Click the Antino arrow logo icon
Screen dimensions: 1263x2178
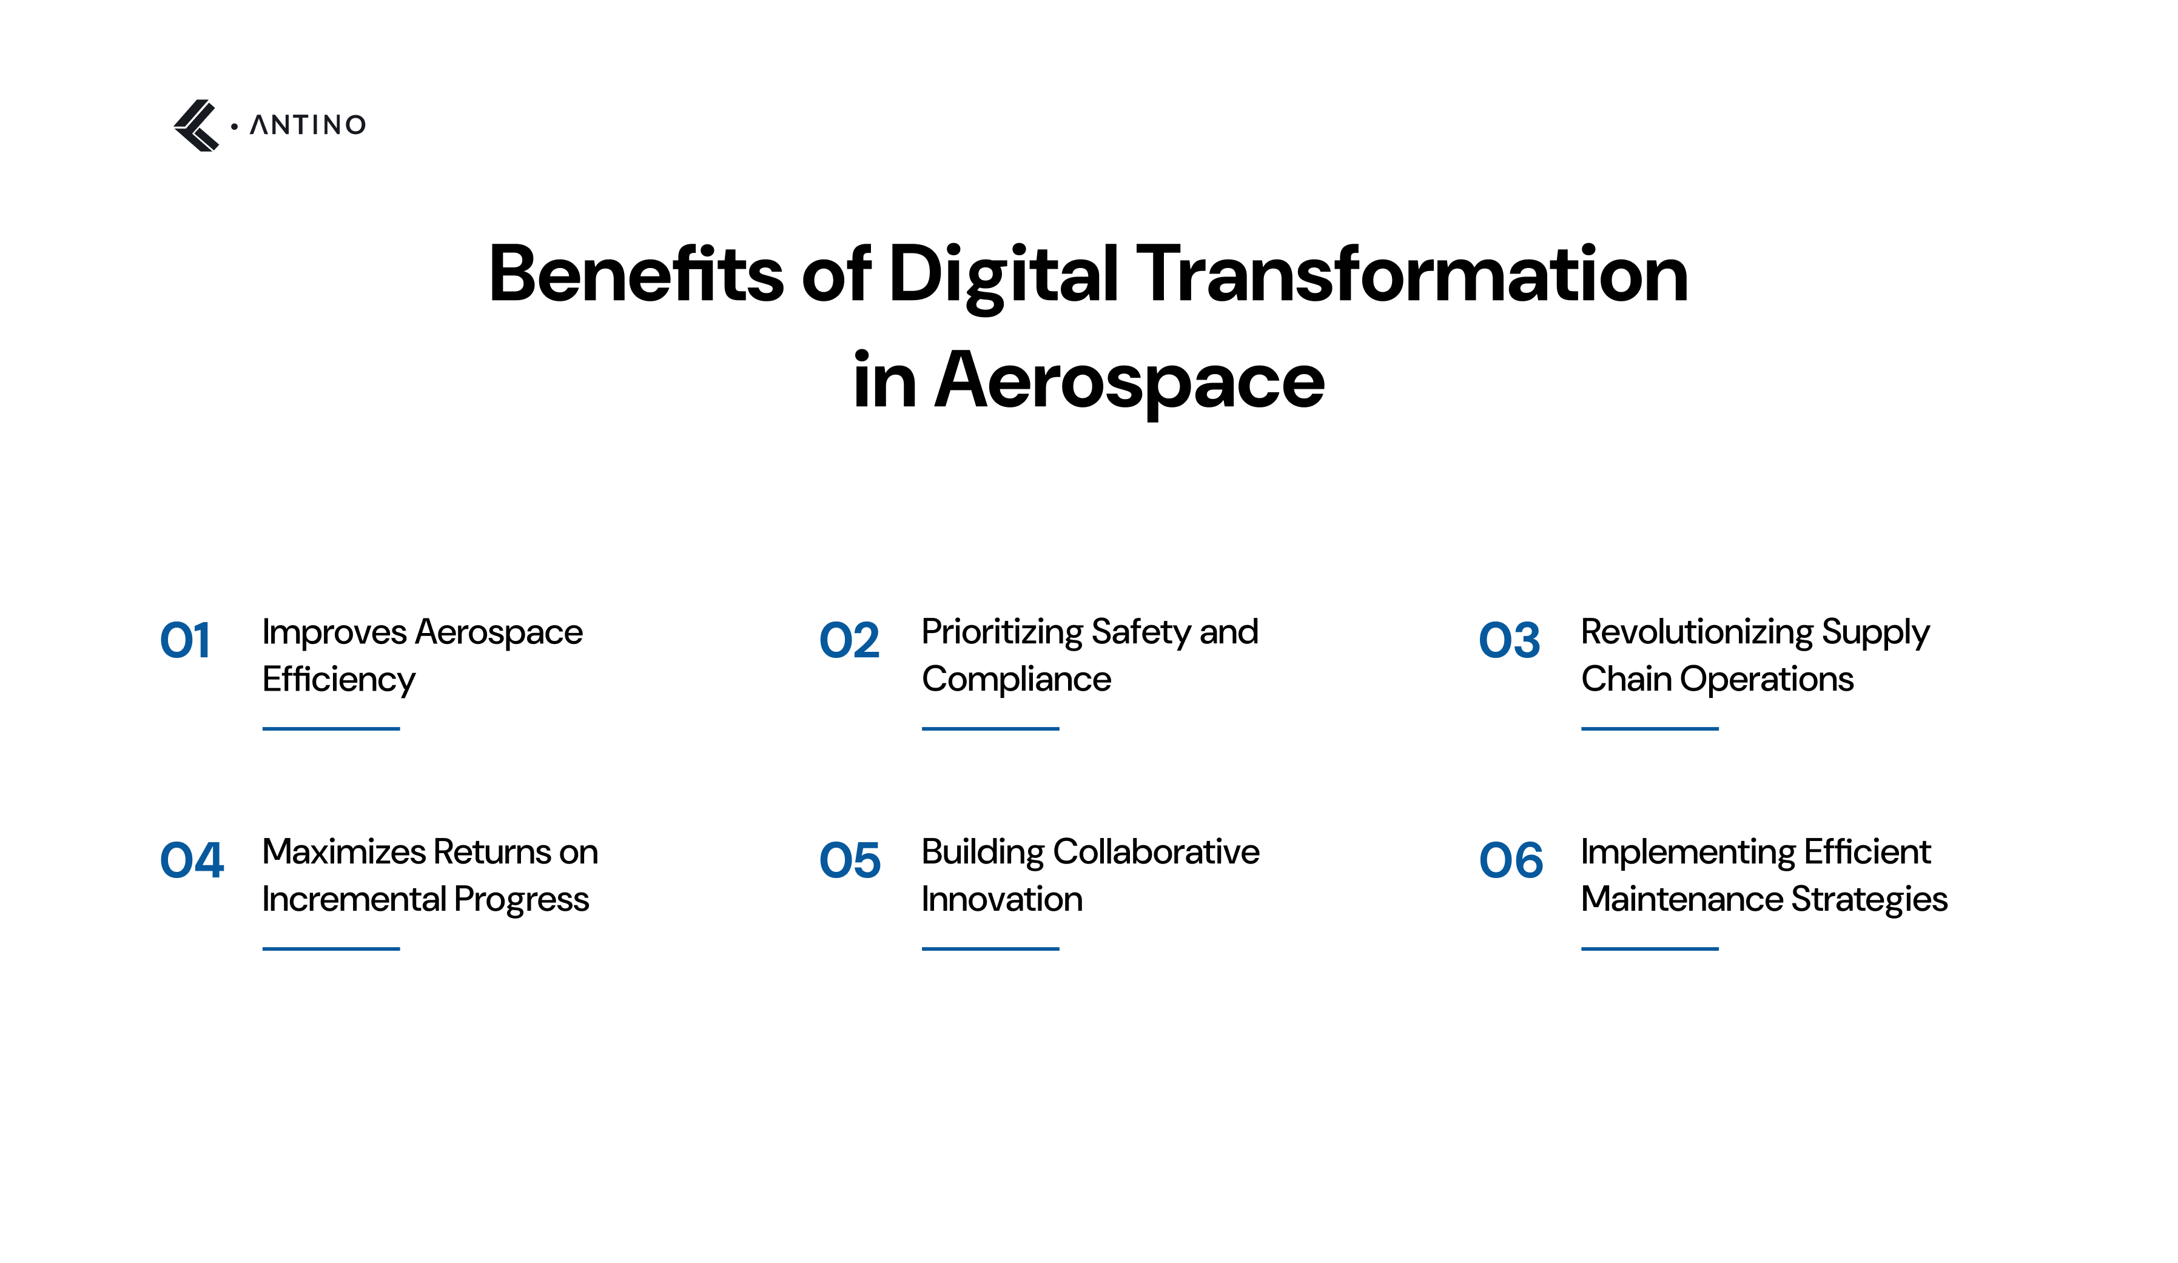[196, 126]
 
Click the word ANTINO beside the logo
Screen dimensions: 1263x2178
[308, 126]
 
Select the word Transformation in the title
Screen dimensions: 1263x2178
[1411, 274]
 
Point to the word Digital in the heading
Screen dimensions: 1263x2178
[1003, 275]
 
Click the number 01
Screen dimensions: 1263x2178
[185, 641]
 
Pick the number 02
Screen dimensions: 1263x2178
[849, 641]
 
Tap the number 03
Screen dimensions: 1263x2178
[1509, 641]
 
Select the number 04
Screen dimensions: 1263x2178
[192, 860]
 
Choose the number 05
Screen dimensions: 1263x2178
[850, 860]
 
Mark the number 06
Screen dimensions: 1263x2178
[1511, 860]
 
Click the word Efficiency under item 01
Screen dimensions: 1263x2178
[339, 680]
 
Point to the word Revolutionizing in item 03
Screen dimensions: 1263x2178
[1696, 632]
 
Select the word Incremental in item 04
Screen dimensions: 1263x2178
[354, 899]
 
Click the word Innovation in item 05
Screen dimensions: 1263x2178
[1002, 899]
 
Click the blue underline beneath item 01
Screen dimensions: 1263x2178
[331, 728]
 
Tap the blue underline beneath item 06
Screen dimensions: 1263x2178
[1649, 948]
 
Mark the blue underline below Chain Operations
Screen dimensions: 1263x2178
[1649, 728]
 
